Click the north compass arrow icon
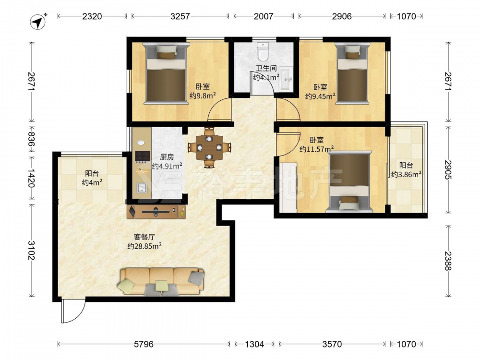38,22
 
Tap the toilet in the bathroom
263,51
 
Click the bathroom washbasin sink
286,79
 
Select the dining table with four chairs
209,147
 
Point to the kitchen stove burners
143,156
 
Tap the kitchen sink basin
142,188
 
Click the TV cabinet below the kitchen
156,212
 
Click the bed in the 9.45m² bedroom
352,74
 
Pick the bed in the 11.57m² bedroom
349,182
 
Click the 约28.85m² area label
144,246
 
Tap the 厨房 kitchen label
167,157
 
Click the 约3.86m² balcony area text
406,175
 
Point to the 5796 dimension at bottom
144,344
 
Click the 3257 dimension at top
180,16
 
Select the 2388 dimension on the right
448,261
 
